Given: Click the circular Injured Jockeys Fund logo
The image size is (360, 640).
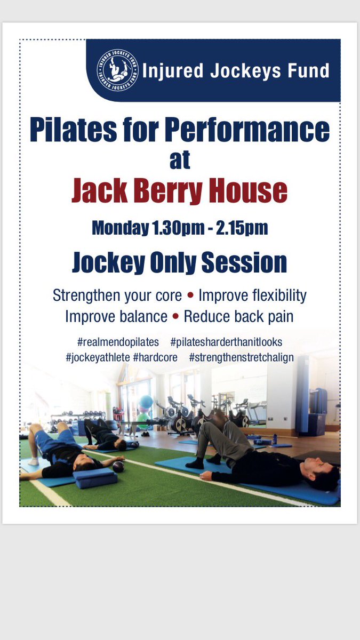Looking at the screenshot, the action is [x=117, y=70].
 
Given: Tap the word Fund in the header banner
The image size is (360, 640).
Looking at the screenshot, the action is [x=308, y=70].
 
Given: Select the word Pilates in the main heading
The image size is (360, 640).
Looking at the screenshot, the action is [x=74, y=130].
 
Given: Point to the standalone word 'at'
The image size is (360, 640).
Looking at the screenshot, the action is [x=180, y=160].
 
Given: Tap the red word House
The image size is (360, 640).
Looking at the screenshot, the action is [x=247, y=190].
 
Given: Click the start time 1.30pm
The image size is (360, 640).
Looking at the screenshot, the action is [x=179, y=229].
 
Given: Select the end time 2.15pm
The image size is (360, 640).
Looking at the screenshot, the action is [x=242, y=229].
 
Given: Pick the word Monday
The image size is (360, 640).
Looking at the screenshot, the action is [x=121, y=229].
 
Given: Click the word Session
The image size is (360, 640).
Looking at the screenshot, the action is [x=244, y=262].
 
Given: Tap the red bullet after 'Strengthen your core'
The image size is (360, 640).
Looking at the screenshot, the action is [x=190, y=295].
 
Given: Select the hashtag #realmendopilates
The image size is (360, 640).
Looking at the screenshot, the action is [x=118, y=342].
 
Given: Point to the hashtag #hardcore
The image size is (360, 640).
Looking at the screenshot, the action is [x=155, y=357].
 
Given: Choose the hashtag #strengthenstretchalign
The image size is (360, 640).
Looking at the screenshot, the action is [x=242, y=358].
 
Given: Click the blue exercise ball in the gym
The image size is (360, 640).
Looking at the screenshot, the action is [x=146, y=402].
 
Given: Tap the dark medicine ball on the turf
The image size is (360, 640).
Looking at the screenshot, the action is [x=118, y=467].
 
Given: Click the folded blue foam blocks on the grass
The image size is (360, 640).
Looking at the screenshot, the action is [x=95, y=478].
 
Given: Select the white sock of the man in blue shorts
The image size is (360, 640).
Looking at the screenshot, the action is [x=34, y=461].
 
